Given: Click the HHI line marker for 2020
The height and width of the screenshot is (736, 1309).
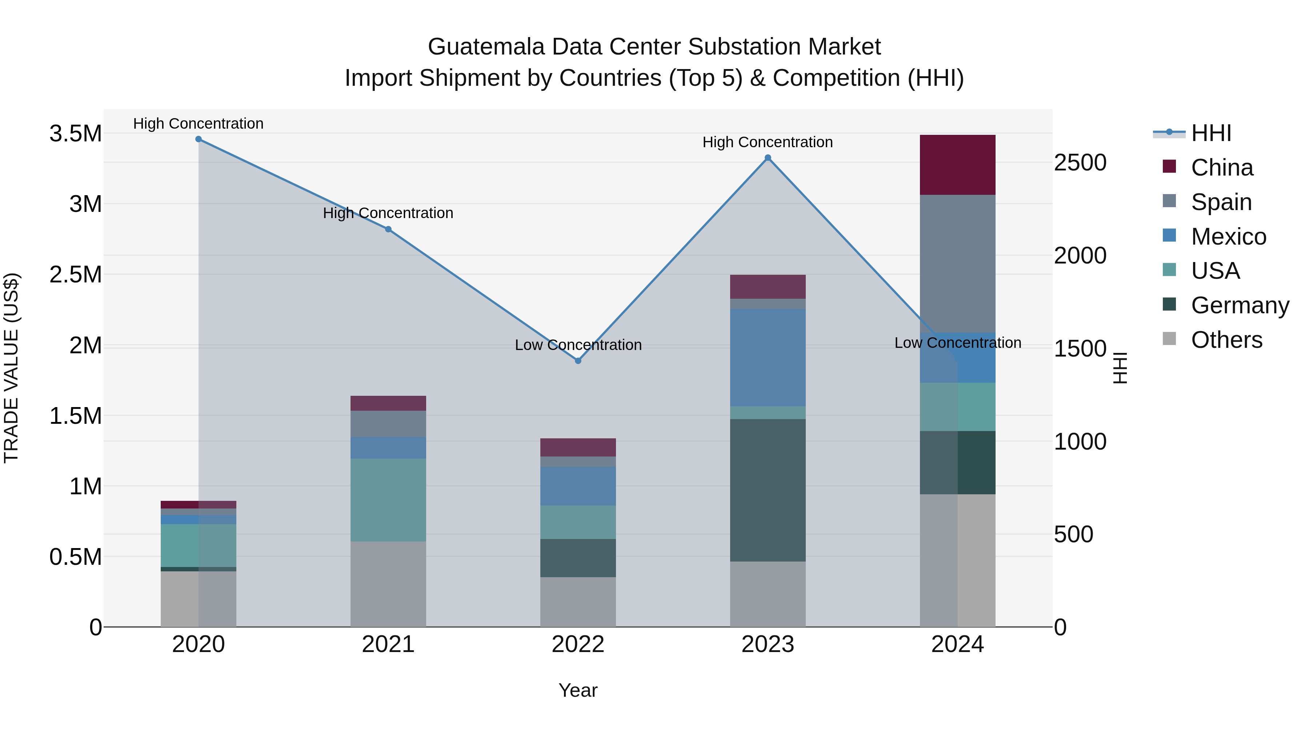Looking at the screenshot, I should click(199, 139).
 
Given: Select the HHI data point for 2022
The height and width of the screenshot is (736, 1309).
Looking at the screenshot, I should click(578, 361).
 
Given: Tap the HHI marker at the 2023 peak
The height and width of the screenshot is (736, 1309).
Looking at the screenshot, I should click(768, 158).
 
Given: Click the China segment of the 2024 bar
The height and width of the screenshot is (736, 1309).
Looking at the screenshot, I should click(957, 165).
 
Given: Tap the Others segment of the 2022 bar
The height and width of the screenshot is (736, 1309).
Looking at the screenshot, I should click(578, 602).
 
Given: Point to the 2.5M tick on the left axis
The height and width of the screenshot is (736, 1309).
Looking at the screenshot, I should click(75, 275).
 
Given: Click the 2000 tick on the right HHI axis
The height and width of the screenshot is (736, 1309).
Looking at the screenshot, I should click(1080, 256).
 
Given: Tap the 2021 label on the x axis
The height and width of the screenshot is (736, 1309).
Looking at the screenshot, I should click(388, 644).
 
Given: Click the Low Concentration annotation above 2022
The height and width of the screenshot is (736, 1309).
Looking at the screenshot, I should click(578, 345).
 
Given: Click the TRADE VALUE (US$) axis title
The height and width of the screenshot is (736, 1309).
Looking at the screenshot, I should click(11, 368).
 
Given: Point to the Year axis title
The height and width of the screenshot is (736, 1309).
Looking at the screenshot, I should click(578, 690).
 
